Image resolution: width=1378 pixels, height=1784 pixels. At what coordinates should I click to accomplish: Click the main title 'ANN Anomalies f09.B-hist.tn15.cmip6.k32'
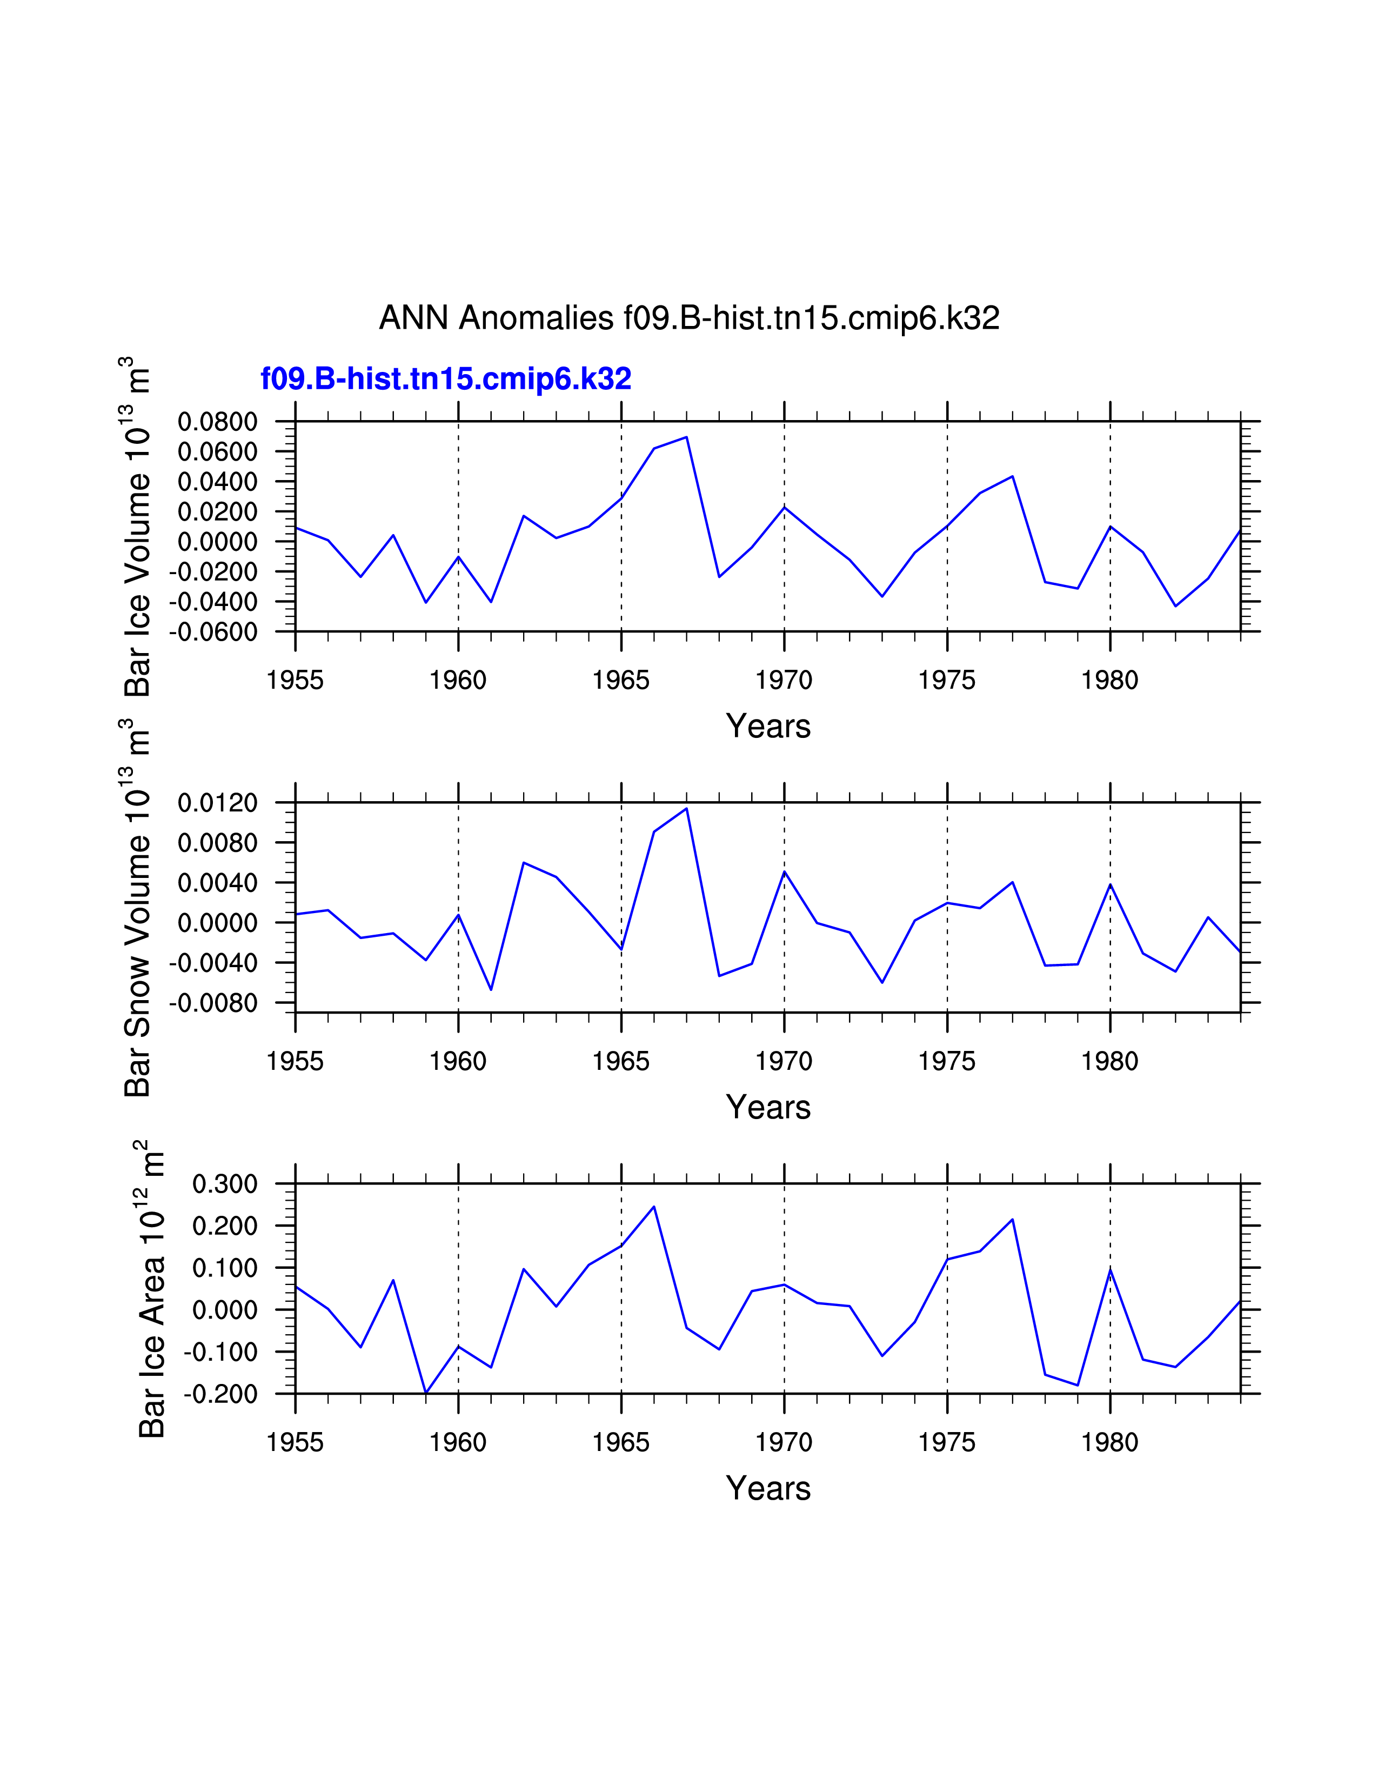click(x=689, y=318)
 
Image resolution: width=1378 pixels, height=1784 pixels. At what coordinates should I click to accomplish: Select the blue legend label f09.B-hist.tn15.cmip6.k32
click(x=446, y=379)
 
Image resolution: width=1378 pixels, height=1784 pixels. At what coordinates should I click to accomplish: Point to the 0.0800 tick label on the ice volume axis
click(x=217, y=422)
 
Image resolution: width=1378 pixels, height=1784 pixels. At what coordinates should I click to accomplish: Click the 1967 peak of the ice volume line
click(x=686, y=437)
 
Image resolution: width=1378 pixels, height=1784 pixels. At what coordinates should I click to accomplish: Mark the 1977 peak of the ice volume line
click(x=1012, y=476)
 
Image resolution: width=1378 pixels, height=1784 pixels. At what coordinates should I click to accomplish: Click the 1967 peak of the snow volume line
click(x=686, y=809)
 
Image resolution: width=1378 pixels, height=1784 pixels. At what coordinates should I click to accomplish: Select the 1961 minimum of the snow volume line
click(x=491, y=990)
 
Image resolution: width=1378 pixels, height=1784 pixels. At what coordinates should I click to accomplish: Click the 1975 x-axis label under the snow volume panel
click(x=946, y=1061)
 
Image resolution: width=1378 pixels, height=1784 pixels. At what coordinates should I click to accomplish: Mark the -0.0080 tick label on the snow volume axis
click(x=212, y=1003)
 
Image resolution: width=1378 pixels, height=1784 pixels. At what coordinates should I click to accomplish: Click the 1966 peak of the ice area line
click(x=654, y=1207)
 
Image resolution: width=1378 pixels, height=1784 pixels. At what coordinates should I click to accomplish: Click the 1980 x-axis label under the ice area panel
click(x=1109, y=1442)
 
